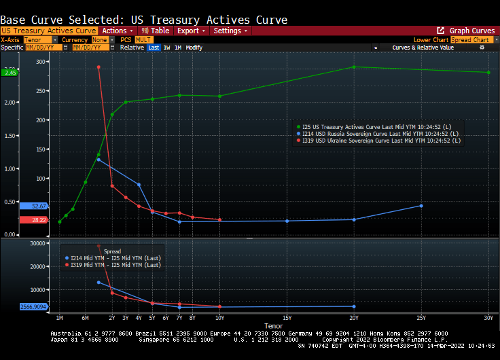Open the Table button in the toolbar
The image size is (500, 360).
coord(156,31)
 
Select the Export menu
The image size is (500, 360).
coord(190,31)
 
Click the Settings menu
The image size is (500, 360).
coord(229,31)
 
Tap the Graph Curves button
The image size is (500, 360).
coord(467,31)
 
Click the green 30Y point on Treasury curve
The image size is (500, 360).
coord(488,73)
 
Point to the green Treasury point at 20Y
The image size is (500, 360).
coord(354,67)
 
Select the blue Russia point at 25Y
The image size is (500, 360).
coord(421,205)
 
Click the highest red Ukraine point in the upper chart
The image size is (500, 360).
coord(99,67)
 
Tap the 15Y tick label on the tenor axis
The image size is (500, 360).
coord(287,318)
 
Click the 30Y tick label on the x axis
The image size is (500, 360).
coord(488,318)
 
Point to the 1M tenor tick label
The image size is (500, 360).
coord(59,318)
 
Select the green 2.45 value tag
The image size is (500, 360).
coord(10,73)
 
